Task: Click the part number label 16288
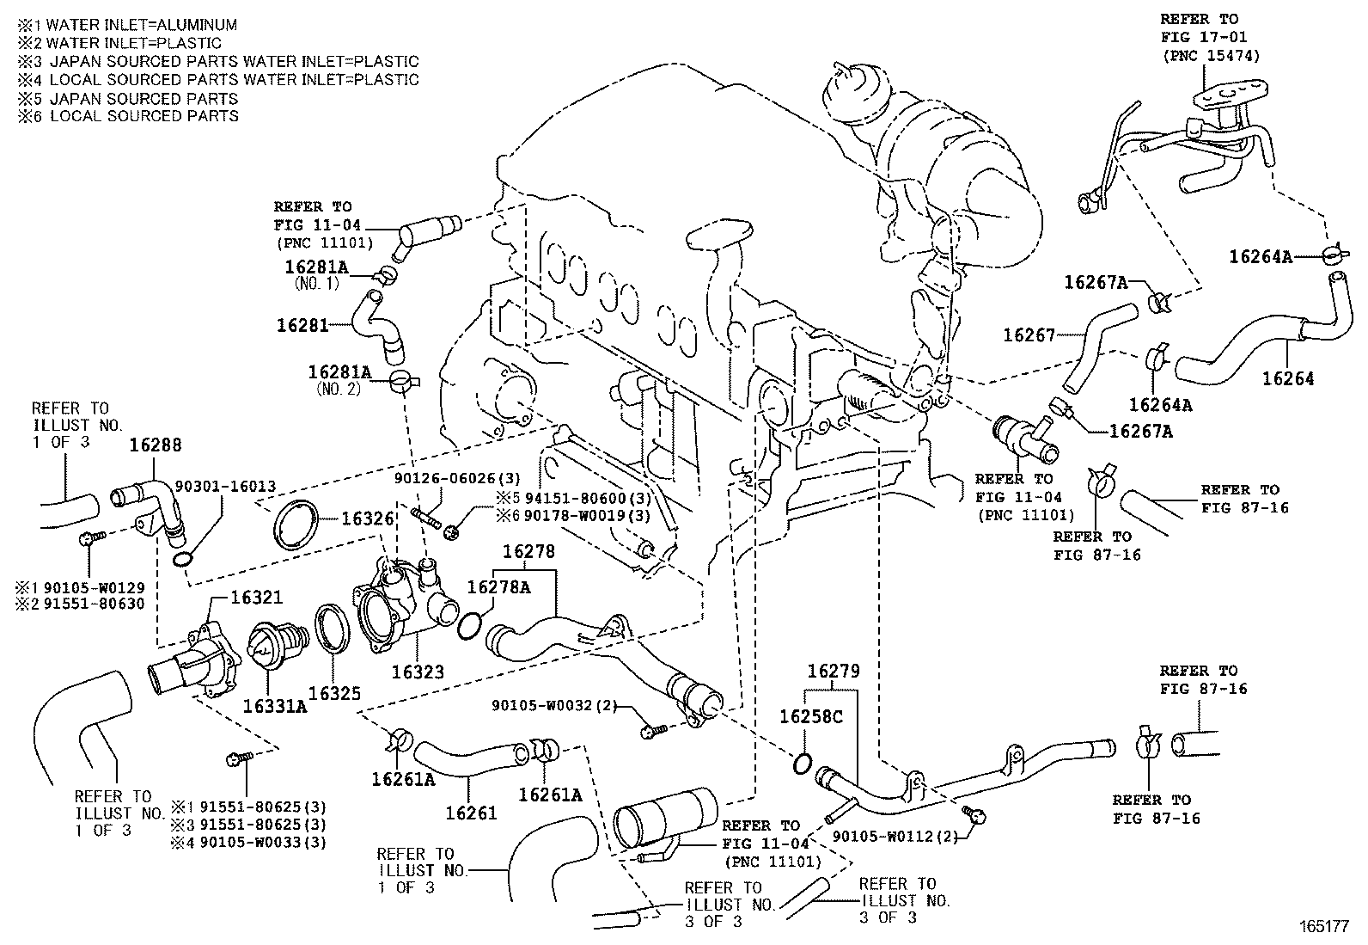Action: click(156, 445)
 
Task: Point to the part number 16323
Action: click(418, 672)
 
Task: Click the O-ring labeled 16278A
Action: click(469, 627)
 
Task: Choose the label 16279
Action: click(834, 672)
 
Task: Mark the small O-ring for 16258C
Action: click(803, 764)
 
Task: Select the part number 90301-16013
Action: click(225, 487)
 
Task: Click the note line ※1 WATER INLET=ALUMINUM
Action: click(127, 25)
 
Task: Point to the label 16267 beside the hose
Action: click(1029, 335)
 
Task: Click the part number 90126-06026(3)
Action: click(457, 478)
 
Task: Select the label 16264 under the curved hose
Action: click(1288, 379)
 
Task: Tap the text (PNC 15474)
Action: click(1211, 56)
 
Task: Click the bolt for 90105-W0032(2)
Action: click(653, 729)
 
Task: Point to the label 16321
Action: click(256, 598)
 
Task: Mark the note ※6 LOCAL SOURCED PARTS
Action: click(128, 116)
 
